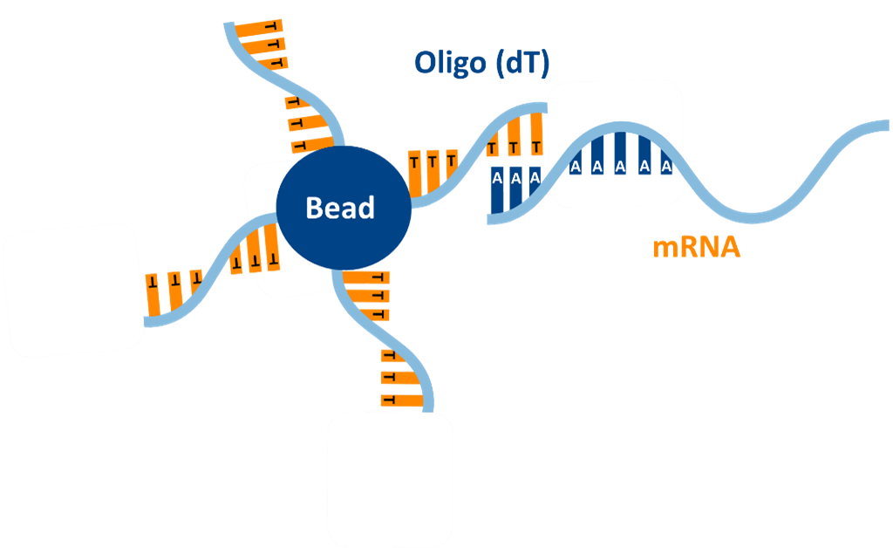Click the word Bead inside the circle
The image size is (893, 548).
point(340,208)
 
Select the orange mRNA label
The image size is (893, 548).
point(697,247)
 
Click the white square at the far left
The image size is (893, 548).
point(72,290)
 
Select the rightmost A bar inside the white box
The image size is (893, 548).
point(666,157)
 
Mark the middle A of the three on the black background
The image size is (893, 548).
point(516,185)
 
